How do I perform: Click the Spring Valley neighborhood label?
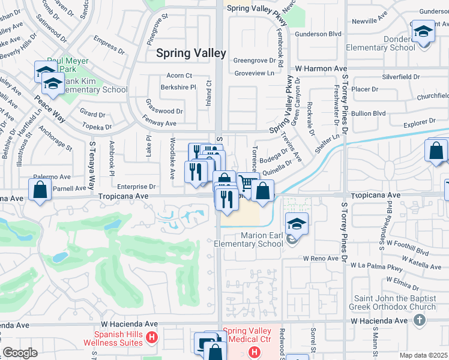pos(191,53)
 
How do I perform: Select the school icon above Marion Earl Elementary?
pos(297,223)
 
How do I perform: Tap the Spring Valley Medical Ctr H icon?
pos(254,352)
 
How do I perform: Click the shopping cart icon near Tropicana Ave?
pos(247,182)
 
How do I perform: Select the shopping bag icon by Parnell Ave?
pos(40,191)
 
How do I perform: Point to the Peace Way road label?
pos(49,100)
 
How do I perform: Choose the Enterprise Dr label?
pos(136,187)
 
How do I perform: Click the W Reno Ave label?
pos(322,257)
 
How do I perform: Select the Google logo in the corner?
pos(20,352)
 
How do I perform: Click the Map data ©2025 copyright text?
pos(423,355)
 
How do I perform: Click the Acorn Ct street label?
pos(179,76)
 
